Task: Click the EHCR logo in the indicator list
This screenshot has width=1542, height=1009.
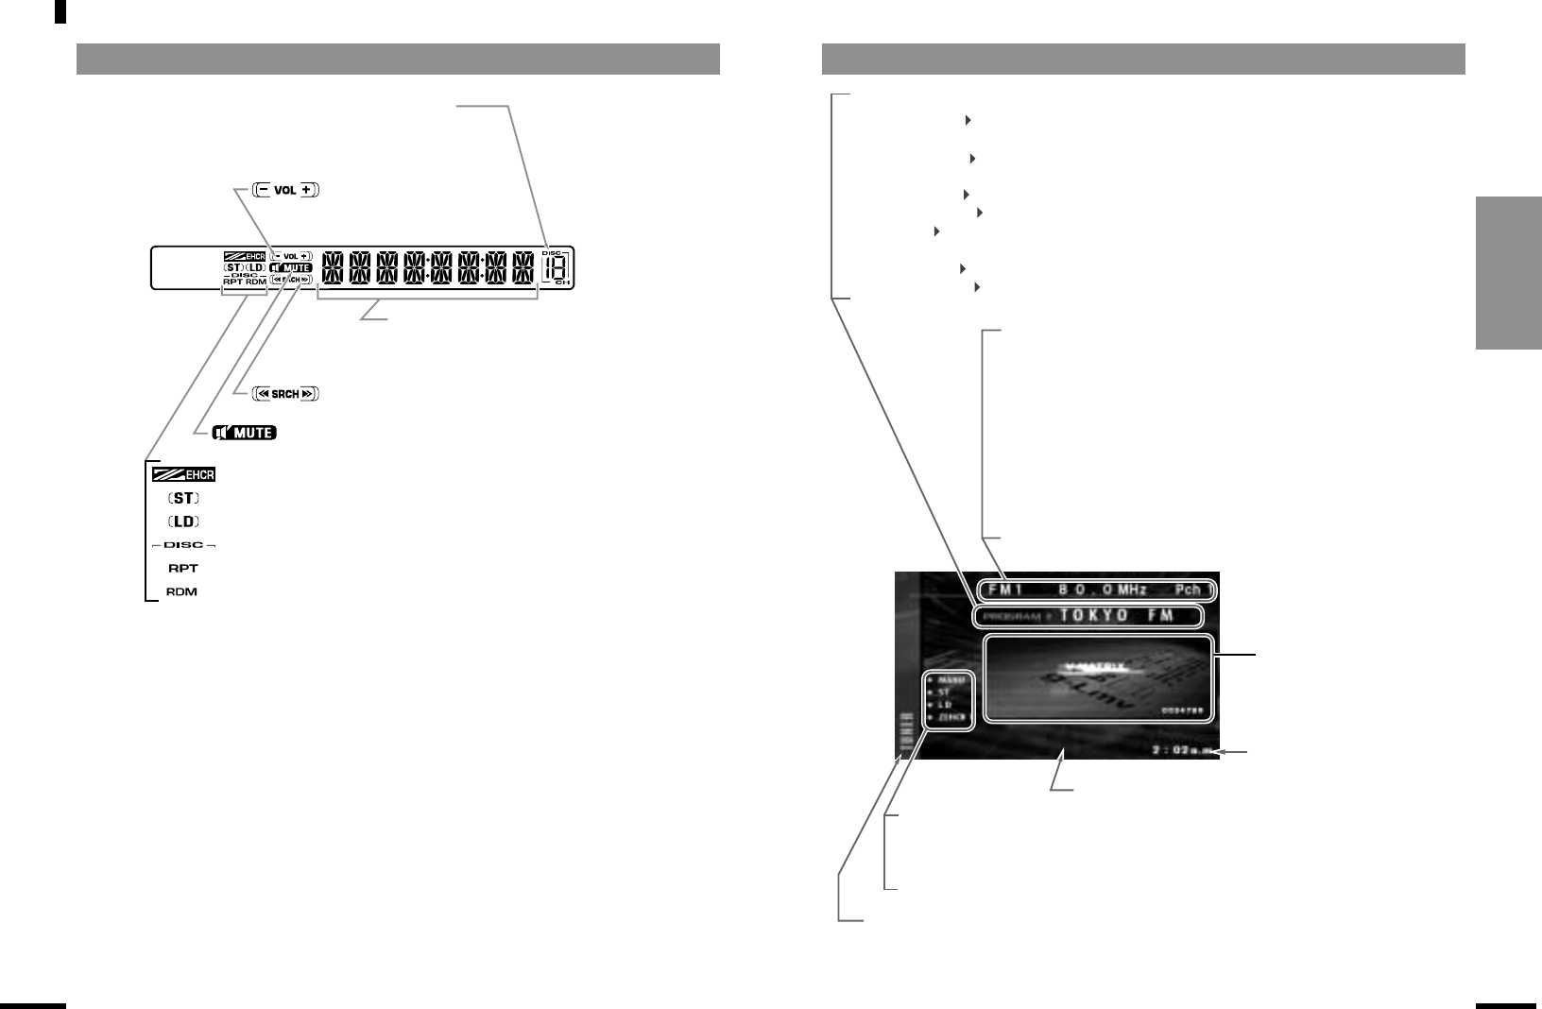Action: coord(184,473)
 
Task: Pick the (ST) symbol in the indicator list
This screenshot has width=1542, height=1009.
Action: coord(184,498)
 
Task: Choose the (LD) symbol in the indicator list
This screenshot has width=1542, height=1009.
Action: coord(184,522)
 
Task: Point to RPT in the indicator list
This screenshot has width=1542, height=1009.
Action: coord(184,569)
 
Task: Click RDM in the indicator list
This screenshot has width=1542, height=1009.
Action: coord(184,592)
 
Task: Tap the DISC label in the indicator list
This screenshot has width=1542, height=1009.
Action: coord(184,545)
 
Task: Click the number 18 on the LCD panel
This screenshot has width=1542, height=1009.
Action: coord(555,268)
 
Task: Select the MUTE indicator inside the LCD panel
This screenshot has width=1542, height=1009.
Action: coord(290,268)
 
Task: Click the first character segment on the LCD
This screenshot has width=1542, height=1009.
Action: coord(333,268)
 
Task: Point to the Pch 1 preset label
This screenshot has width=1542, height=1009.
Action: coord(1192,590)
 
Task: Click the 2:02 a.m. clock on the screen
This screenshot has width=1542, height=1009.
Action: coord(1181,751)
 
